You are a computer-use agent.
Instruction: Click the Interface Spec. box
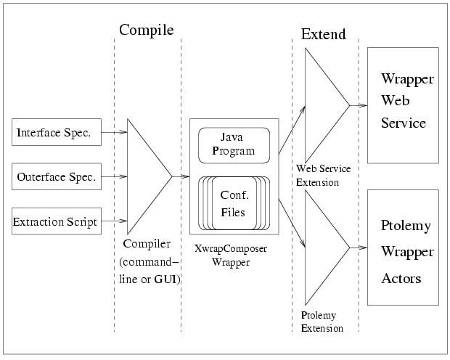click(x=56, y=133)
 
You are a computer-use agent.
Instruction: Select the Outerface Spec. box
click(x=56, y=177)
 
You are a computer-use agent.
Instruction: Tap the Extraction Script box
click(x=56, y=221)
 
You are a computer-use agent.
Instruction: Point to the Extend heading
click(x=323, y=34)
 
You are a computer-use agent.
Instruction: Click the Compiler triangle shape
click(x=145, y=176)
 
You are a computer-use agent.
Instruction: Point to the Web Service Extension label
click(x=324, y=176)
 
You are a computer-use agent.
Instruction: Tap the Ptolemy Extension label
click(x=322, y=322)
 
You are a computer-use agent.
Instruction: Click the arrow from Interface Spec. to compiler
click(x=114, y=133)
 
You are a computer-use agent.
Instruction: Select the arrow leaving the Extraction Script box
click(x=114, y=221)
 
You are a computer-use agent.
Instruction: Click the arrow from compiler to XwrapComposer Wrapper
click(x=180, y=176)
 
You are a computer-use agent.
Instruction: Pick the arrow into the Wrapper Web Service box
click(x=359, y=105)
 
